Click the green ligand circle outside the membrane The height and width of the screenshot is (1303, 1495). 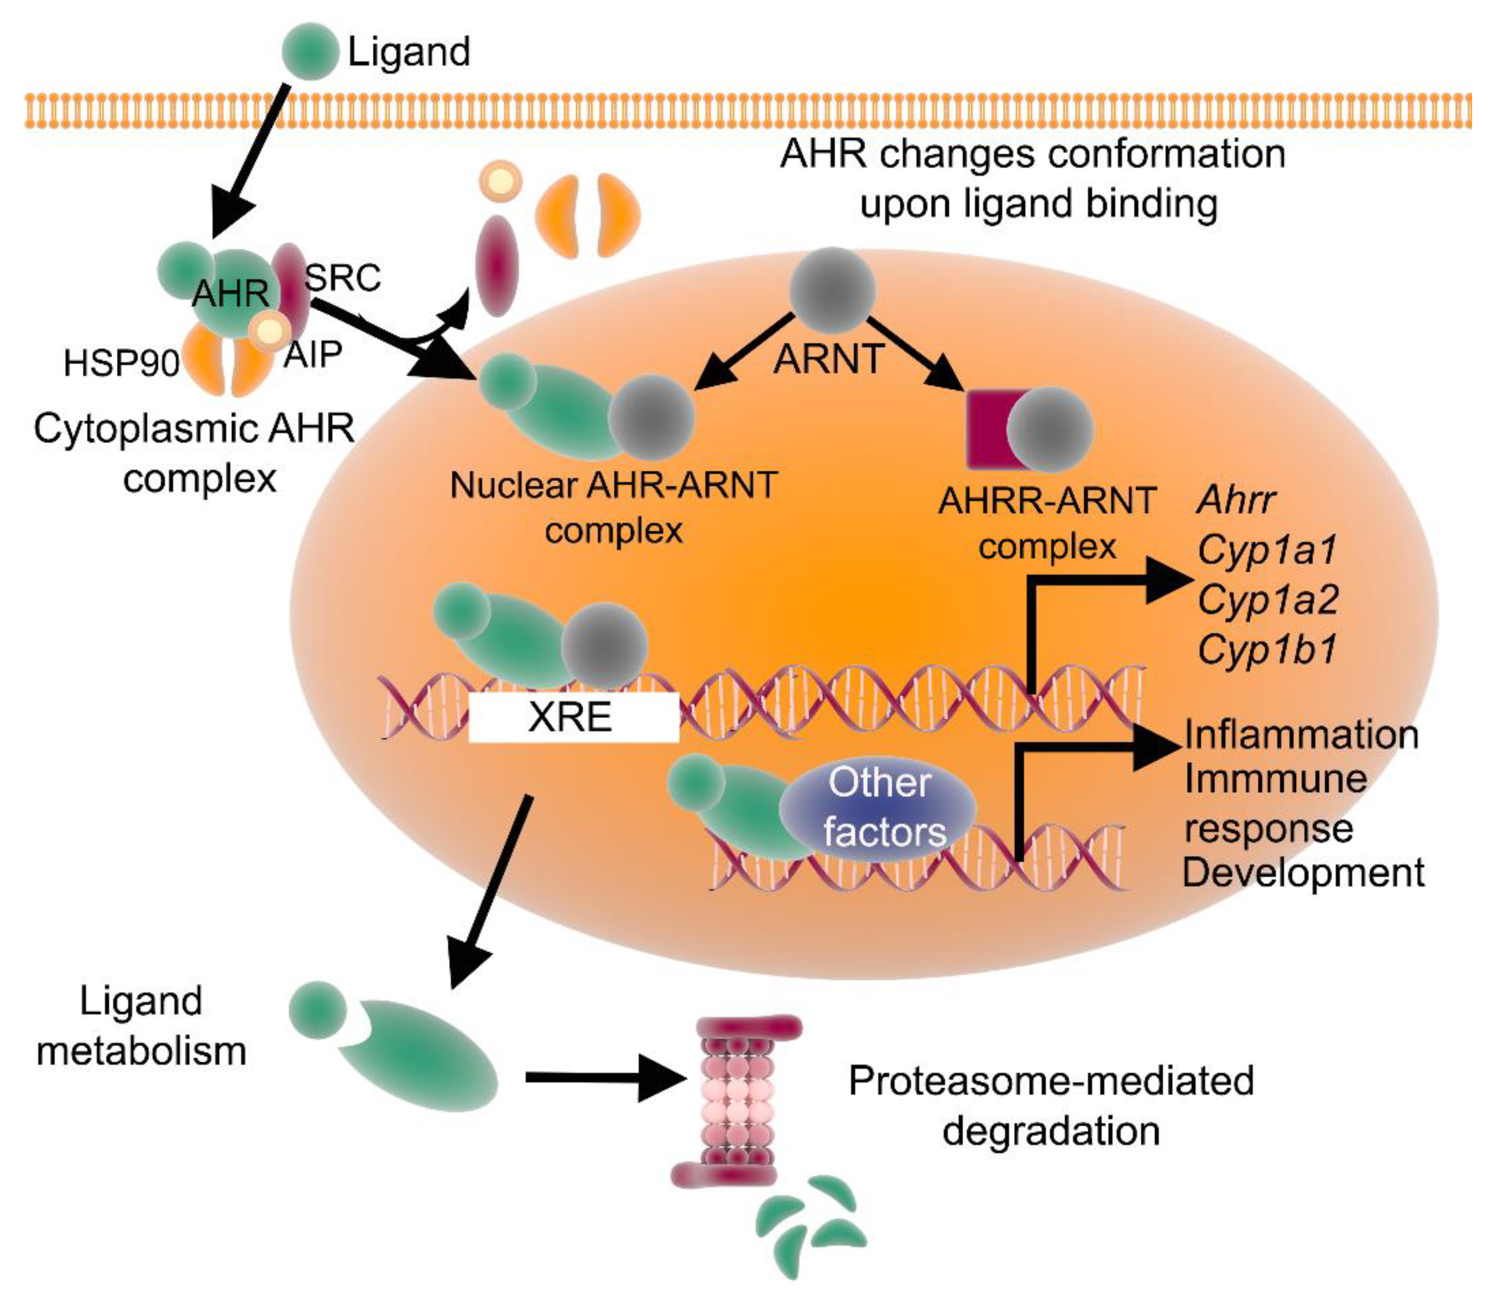pos(310,51)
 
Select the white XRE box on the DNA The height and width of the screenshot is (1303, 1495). pos(574,717)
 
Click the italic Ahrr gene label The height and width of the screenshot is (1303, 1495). pos(1236,500)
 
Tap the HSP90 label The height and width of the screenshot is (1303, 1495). pos(121,363)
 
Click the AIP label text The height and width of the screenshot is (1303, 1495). pos(313,355)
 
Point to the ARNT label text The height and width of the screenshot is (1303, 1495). pos(829,358)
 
